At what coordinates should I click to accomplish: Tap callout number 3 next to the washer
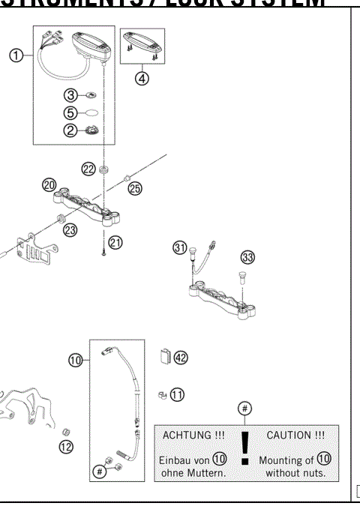point(69,95)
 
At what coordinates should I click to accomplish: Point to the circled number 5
point(69,112)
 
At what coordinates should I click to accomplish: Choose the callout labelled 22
point(88,169)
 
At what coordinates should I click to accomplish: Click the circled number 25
point(134,188)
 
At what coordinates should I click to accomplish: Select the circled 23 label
point(70,230)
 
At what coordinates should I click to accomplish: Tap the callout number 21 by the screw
point(115,241)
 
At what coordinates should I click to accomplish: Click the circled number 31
point(180,248)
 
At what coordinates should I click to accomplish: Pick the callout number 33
point(247,257)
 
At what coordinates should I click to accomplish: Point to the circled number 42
point(180,358)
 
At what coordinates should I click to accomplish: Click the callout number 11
point(177,394)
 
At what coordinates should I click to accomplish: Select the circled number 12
point(67,448)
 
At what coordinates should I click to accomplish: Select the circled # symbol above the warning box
point(244,408)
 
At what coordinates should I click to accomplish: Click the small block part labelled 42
point(165,357)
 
